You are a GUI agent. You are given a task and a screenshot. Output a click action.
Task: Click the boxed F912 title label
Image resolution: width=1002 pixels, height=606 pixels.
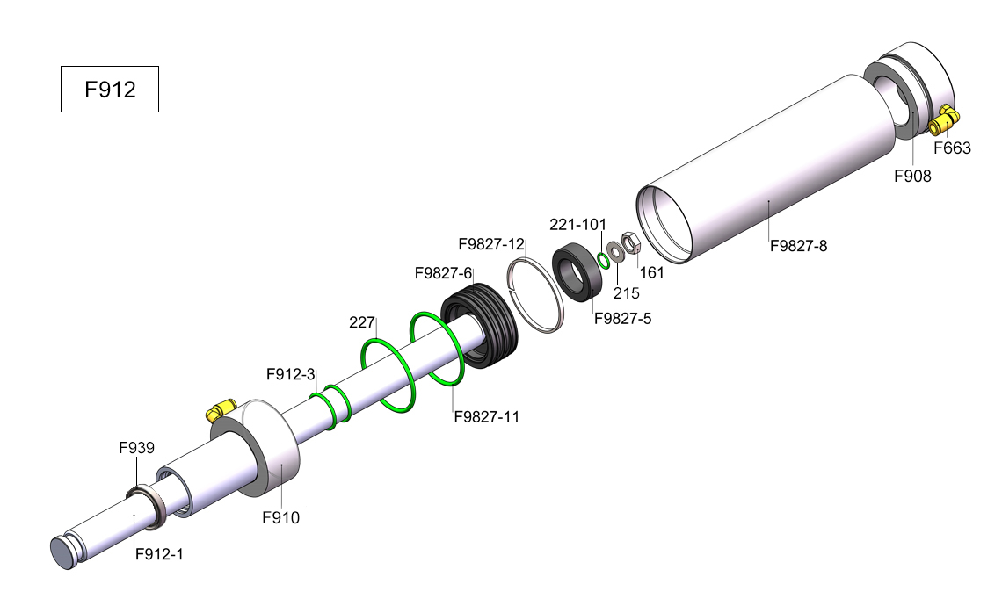109,90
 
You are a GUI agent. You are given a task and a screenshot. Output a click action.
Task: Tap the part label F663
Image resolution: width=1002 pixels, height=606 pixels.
952,148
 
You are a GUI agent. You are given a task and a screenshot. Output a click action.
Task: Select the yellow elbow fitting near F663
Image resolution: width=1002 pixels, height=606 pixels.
944,120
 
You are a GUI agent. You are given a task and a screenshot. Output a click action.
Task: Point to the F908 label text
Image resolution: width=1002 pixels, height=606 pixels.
912,177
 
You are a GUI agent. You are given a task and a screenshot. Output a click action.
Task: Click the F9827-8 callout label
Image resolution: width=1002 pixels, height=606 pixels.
798,246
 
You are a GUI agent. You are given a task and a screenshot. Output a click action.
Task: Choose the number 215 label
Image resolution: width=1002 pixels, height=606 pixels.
626,293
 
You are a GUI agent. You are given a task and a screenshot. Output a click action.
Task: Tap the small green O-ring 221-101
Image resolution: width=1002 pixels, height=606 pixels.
603,260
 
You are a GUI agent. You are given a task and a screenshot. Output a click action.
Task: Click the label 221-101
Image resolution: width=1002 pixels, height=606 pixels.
577,225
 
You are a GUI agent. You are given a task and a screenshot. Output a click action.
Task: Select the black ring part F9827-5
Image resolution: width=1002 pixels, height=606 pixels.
578,272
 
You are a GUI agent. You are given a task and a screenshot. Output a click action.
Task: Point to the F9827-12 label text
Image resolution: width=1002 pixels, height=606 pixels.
491,244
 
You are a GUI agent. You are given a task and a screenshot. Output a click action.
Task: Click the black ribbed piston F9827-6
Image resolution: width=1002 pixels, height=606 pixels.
479,325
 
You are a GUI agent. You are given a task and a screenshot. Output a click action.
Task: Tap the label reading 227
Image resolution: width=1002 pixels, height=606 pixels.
362,323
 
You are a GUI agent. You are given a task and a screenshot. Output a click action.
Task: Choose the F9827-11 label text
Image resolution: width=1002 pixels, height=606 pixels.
486,417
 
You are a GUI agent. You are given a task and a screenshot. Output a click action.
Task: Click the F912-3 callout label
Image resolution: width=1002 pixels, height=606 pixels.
291,374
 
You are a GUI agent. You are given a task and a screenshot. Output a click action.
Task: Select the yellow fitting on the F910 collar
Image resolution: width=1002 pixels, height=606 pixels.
221,411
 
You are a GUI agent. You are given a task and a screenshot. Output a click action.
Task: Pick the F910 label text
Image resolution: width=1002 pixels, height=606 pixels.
280,518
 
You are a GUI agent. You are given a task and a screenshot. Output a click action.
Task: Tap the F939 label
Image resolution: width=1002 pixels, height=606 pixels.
137,448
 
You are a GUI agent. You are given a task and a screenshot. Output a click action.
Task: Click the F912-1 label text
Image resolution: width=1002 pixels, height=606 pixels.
159,554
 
